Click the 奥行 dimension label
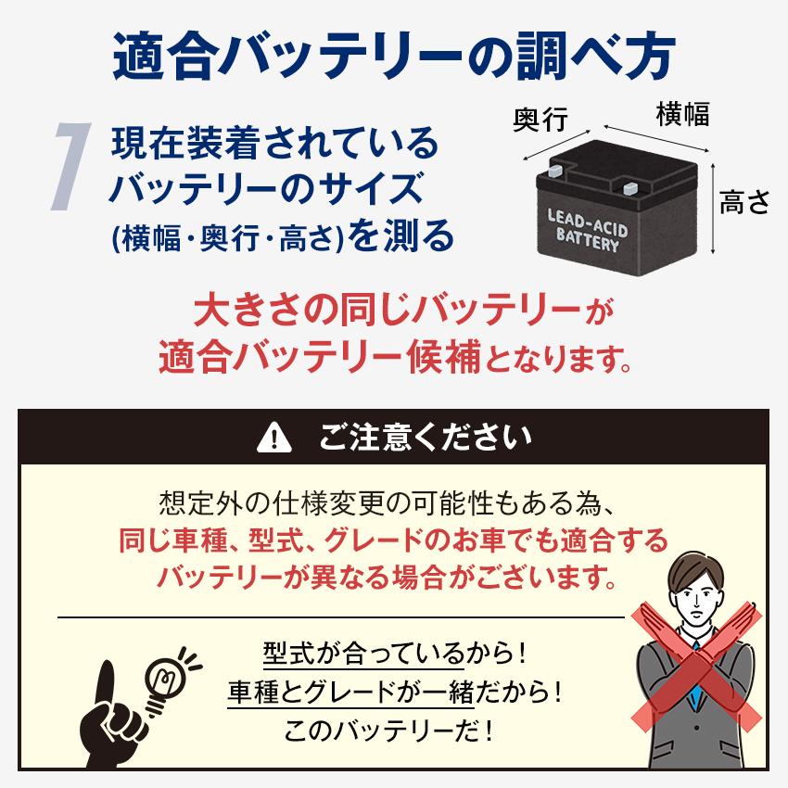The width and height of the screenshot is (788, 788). tap(540, 119)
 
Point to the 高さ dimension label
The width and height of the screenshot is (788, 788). tap(744, 202)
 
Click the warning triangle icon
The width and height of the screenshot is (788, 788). tap(273, 435)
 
